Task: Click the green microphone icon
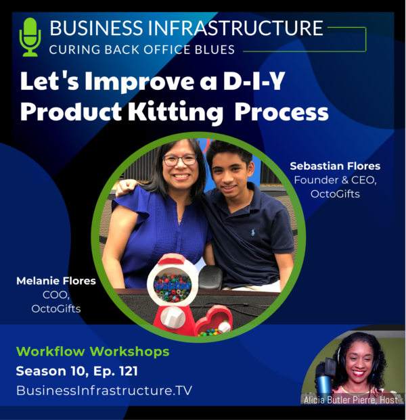pos(30,37)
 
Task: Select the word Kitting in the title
pos(175,112)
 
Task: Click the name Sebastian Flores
pos(335,166)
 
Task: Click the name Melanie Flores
pos(56,281)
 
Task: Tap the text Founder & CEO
pos(335,181)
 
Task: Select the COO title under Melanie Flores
pos(56,295)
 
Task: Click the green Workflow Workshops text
pos(93,352)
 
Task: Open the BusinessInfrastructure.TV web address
pos(104,390)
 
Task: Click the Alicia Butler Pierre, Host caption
pos(351,400)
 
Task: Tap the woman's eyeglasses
pos(180,160)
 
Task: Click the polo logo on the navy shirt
pos(253,232)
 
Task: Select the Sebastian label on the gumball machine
pos(173,286)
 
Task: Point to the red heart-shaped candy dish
pos(213,321)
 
